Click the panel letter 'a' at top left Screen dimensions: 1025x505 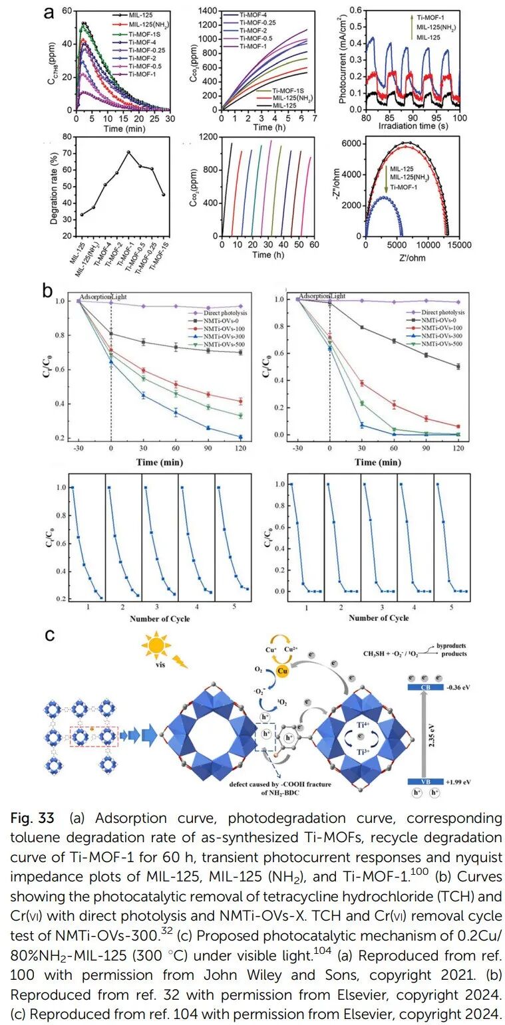[48, 11]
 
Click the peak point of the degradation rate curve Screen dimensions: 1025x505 [128, 152]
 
